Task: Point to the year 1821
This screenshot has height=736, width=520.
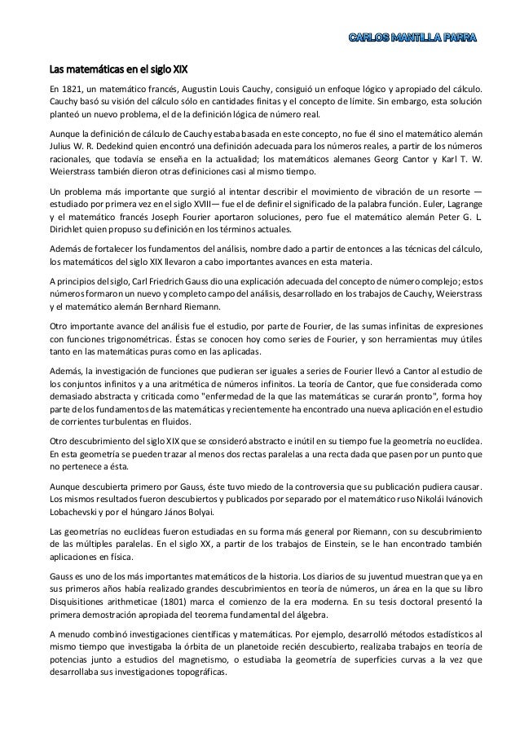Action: click(x=73, y=86)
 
